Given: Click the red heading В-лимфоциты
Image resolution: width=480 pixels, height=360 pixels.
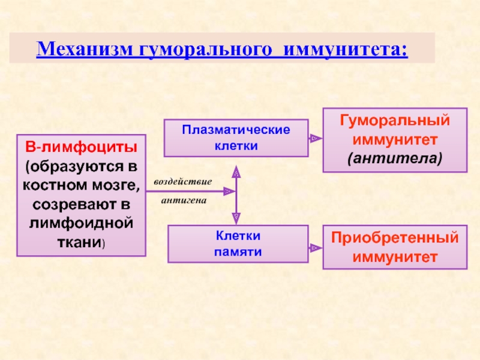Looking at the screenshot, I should (80, 146).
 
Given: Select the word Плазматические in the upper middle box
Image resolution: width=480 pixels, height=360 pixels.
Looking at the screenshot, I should (236, 130).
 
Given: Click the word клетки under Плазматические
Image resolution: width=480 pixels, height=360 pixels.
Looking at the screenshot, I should (236, 146).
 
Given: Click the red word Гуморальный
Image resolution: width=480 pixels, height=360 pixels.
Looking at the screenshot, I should (395, 120).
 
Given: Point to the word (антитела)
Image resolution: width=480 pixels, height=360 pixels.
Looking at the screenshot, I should (395, 158).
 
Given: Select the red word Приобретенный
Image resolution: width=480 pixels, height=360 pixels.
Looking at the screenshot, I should (395, 238).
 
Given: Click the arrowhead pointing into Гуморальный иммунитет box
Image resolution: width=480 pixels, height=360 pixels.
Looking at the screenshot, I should (314, 139).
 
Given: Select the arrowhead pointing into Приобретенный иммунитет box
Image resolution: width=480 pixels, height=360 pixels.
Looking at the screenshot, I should (314, 247).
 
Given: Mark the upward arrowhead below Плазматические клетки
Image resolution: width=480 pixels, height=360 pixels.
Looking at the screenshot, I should (236, 173).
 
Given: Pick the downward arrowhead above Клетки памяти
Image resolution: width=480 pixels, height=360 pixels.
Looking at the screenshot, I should (236, 218).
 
